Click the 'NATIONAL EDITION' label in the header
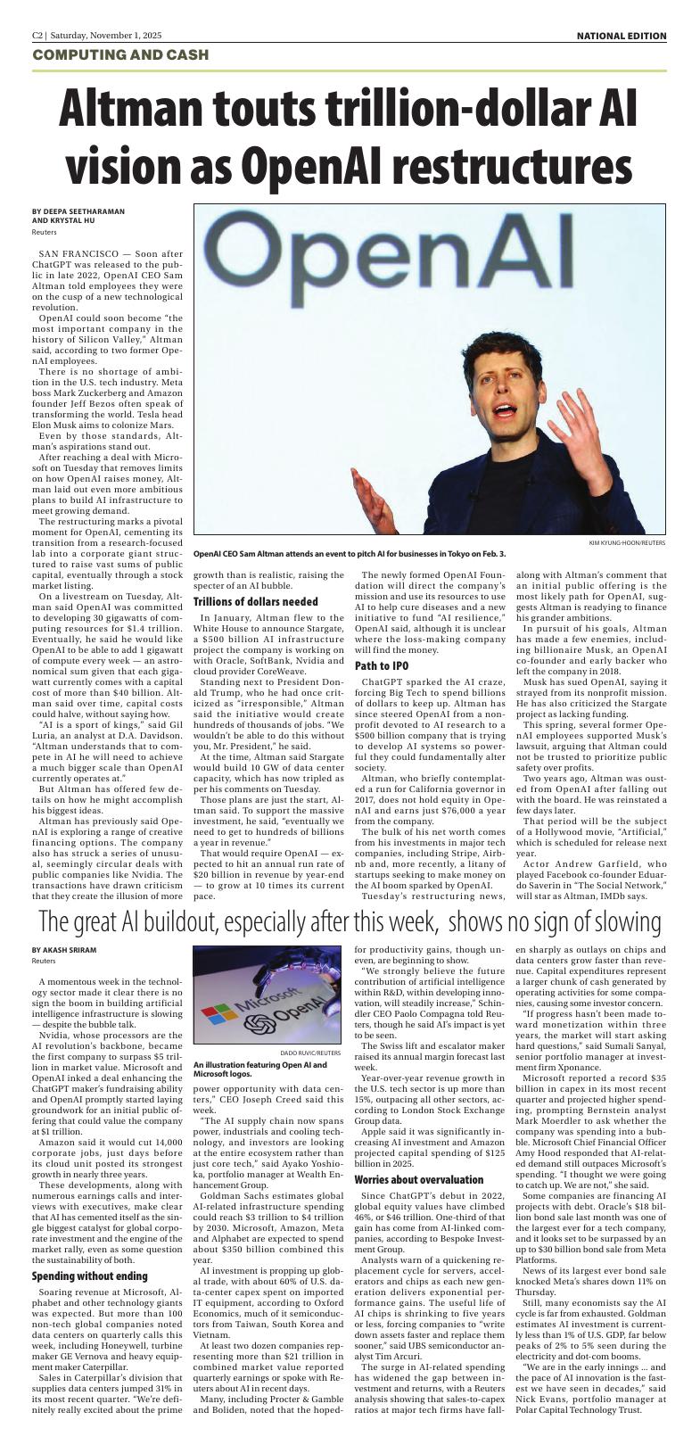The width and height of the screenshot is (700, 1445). point(621,36)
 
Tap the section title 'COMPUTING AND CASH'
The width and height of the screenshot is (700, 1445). point(120,55)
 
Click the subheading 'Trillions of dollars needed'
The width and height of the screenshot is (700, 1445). point(256,602)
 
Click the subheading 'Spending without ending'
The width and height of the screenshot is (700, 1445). point(89,1276)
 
